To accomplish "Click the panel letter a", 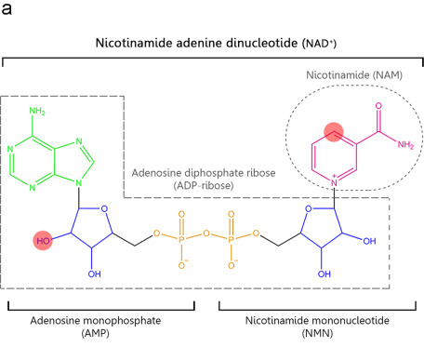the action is (7, 8).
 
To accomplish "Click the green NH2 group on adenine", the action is (37, 111).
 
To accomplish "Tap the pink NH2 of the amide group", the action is (405, 145).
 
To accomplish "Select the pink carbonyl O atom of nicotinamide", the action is (378, 106).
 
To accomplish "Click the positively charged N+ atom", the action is (334, 182).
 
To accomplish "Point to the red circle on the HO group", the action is (43, 240).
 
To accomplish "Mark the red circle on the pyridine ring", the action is (334, 131).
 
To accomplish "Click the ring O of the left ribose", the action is (104, 208).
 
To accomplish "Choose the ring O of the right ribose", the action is (309, 208).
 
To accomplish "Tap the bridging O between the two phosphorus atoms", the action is (206, 233).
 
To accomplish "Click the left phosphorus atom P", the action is (181, 239).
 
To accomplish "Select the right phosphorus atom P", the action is (231, 239).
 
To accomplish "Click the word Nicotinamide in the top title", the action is (134, 43).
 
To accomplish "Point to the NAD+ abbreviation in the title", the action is (319, 44).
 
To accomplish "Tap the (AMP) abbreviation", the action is (95, 334).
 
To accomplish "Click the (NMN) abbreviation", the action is (317, 334).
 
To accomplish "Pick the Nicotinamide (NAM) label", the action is (354, 75).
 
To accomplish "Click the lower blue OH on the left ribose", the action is (94, 273).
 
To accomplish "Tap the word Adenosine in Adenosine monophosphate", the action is (55, 320).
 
